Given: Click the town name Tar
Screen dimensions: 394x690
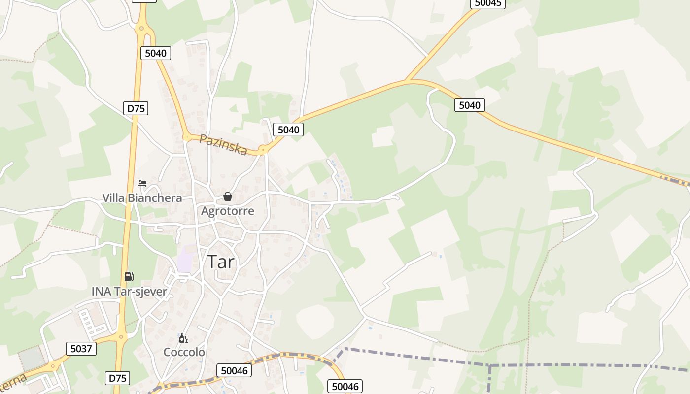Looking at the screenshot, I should (x=220, y=262).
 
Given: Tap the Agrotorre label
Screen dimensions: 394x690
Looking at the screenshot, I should (x=228, y=211).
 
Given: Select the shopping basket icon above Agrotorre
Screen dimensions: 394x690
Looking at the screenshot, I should (x=228, y=197).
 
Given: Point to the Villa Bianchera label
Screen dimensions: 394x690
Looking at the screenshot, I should (x=142, y=198).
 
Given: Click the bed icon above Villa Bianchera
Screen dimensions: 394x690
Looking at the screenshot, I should (x=142, y=183).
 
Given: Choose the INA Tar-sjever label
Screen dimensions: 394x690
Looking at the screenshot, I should (x=129, y=291).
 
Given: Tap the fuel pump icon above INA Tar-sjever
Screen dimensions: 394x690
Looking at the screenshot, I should (x=129, y=277).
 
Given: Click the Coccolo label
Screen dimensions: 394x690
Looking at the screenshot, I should (x=184, y=353).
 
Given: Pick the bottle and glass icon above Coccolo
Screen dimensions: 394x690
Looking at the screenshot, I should (x=183, y=338).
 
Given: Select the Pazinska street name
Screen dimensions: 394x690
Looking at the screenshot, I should (x=223, y=145).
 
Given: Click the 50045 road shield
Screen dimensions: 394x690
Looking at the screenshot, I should (x=487, y=3).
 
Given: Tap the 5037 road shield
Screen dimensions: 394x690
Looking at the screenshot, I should (x=81, y=349).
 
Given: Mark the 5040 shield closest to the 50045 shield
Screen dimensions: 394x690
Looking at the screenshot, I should (x=469, y=105).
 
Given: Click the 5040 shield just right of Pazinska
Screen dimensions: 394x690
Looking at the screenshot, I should (x=288, y=130).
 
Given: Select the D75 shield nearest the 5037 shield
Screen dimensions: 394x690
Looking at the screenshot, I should (x=118, y=378).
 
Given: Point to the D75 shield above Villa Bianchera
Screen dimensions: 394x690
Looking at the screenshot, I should (x=136, y=108).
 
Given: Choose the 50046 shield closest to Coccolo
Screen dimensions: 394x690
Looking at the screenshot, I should (x=234, y=370).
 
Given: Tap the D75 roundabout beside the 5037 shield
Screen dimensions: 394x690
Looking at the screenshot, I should (x=120, y=337).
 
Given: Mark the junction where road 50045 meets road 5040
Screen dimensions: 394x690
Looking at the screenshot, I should (x=407, y=80).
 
